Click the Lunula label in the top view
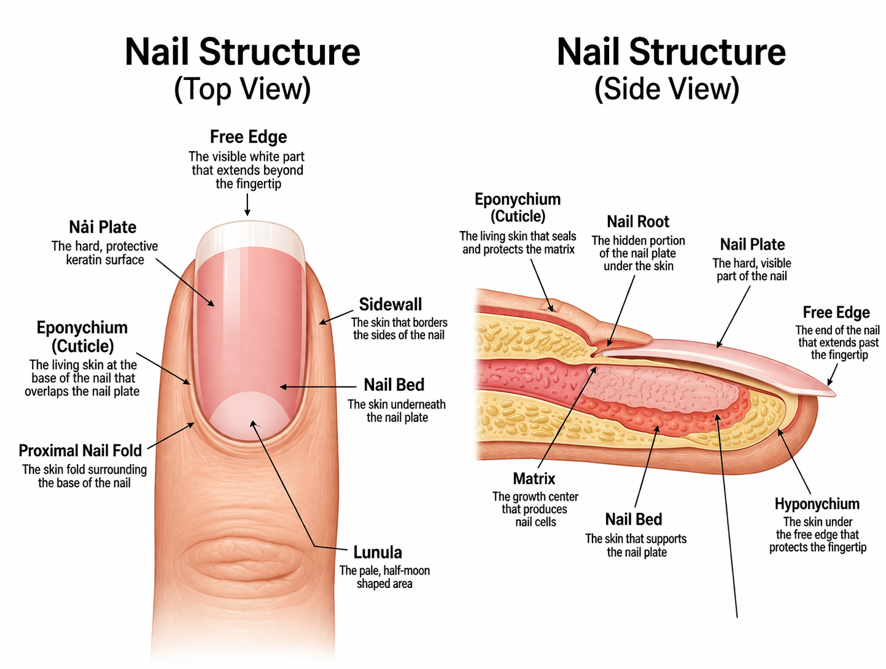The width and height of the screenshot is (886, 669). click(377, 552)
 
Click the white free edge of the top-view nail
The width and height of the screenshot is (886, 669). click(250, 237)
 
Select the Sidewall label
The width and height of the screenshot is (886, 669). click(391, 305)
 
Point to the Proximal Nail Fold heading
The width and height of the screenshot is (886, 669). click(80, 451)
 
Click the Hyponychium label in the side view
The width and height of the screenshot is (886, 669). click(817, 504)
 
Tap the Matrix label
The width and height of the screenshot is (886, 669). click(534, 479)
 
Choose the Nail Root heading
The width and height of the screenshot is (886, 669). click(638, 222)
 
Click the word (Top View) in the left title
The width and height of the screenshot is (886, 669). click(242, 89)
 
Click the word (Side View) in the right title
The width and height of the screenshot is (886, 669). click(667, 89)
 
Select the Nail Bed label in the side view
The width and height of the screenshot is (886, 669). click(634, 520)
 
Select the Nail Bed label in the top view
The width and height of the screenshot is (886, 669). click(394, 385)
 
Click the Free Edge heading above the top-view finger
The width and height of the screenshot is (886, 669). click(248, 137)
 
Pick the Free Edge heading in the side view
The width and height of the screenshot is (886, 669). click(836, 313)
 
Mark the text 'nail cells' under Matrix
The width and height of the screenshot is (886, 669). click(535, 522)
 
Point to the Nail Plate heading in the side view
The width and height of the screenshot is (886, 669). click(752, 245)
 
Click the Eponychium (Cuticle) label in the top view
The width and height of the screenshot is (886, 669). click(82, 337)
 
